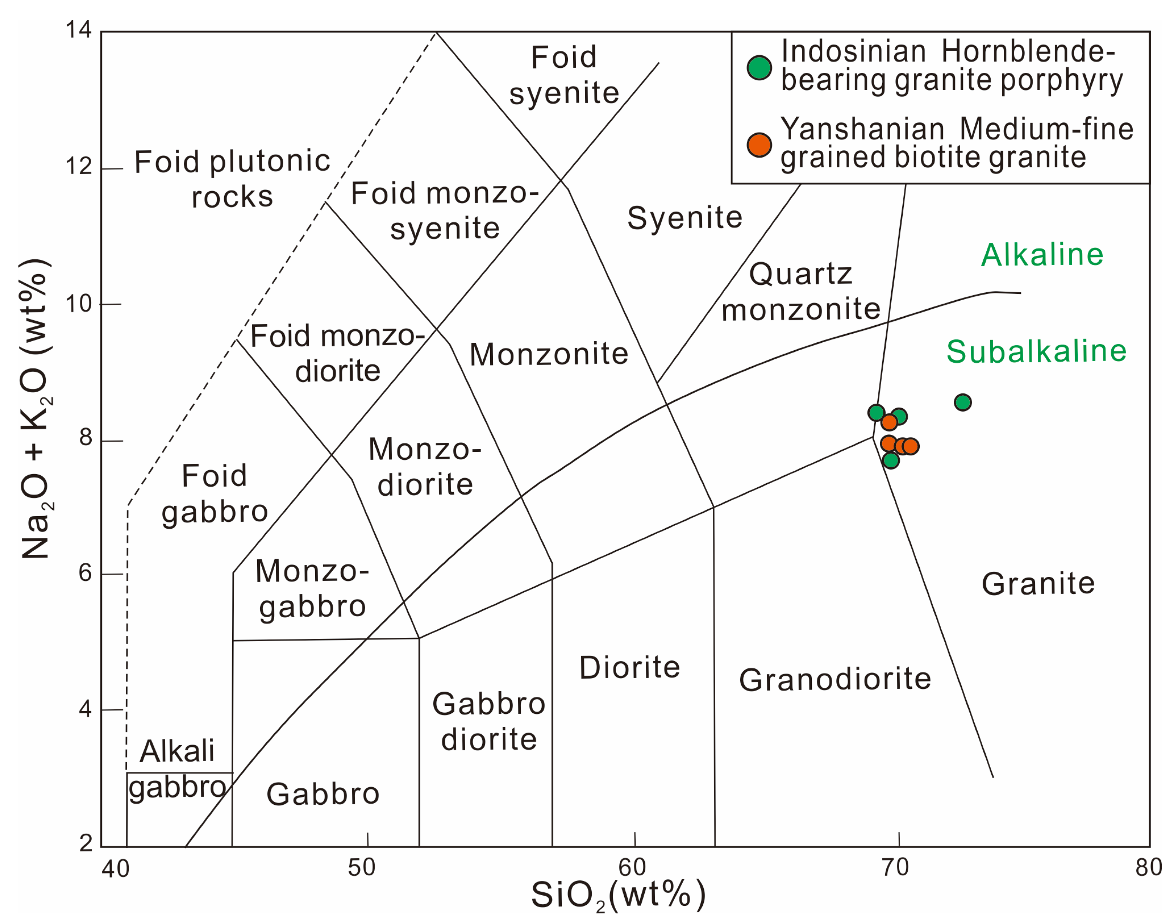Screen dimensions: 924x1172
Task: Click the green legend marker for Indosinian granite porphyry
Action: click(x=759, y=68)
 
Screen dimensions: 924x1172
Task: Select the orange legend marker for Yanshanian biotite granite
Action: click(x=759, y=145)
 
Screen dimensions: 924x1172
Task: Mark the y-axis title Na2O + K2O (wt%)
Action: click(x=36, y=409)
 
